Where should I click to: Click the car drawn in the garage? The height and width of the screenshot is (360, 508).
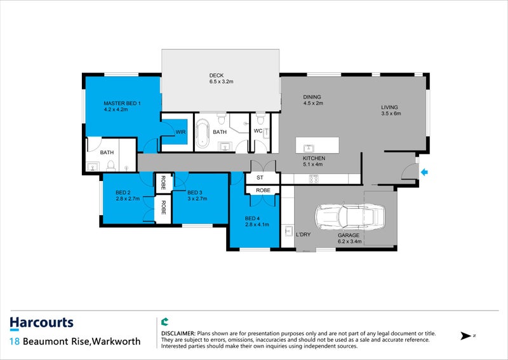(350, 216)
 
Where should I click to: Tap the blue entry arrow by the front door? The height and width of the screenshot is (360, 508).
(424, 173)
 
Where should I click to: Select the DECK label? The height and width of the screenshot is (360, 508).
(217, 76)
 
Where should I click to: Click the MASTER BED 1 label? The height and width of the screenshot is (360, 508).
(122, 103)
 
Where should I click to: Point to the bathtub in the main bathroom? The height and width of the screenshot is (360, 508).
(203, 133)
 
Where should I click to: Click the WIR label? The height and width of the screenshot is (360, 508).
(180, 132)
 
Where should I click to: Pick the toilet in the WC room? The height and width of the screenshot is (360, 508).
(260, 118)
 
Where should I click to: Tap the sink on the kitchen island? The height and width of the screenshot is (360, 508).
(309, 149)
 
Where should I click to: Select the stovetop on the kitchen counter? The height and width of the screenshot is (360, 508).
(314, 178)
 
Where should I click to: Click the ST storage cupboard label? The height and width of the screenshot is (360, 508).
(260, 178)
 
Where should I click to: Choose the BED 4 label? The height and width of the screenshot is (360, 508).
(252, 218)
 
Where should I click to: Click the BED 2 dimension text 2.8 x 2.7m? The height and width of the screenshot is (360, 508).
(128, 199)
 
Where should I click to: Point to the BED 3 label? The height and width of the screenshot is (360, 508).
(195, 192)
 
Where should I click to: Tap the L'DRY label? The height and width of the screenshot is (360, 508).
(304, 234)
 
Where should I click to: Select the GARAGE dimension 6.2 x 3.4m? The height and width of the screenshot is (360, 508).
(350, 241)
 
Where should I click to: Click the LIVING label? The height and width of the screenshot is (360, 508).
(389, 107)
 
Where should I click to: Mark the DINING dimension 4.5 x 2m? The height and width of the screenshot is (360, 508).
(313, 103)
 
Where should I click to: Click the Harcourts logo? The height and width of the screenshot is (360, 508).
(41, 323)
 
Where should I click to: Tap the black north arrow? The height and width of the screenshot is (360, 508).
(466, 336)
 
